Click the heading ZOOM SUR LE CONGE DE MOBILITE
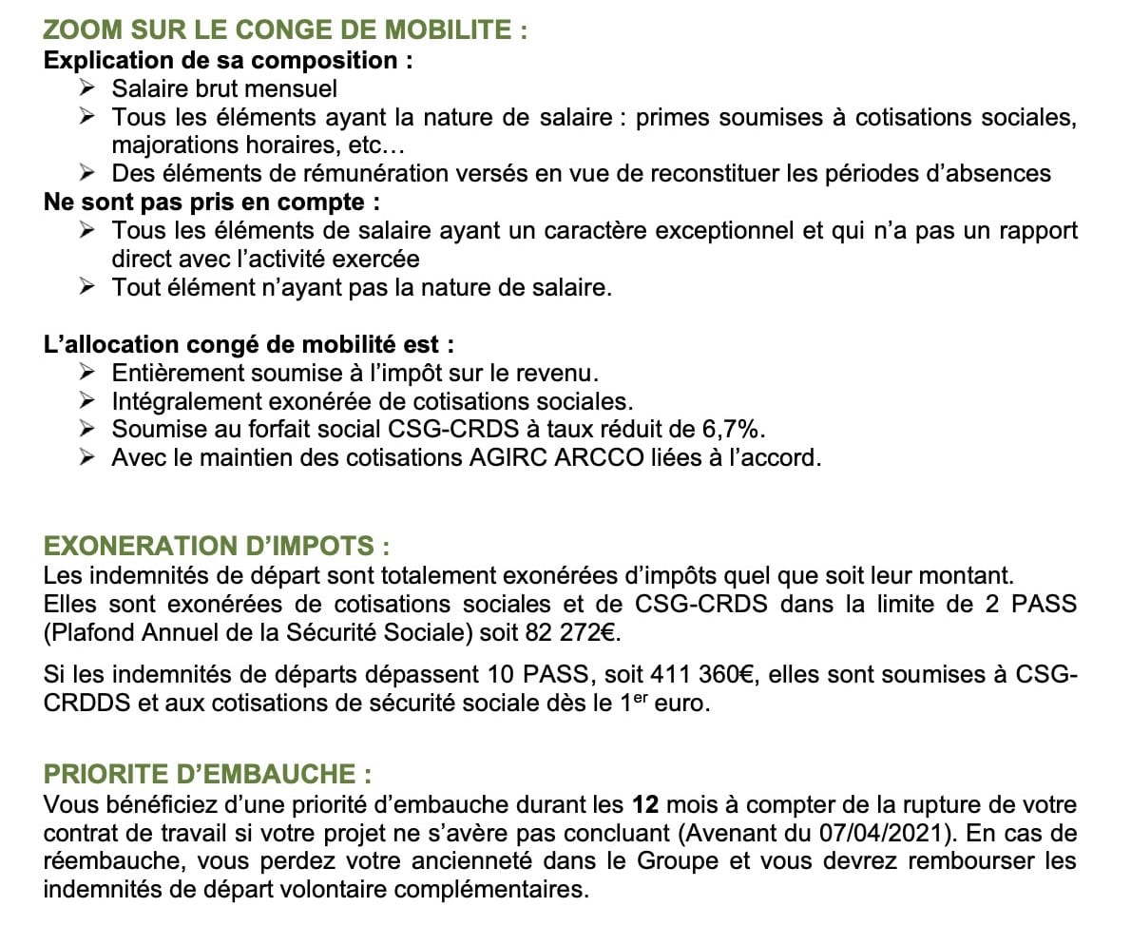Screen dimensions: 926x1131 (x=285, y=30)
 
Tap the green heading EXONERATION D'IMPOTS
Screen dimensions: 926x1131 (x=217, y=547)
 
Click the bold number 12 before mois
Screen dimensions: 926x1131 (x=646, y=805)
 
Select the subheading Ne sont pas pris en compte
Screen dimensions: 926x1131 (x=204, y=203)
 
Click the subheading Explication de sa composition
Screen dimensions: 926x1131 (x=228, y=60)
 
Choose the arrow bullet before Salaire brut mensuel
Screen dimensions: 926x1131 (x=87, y=88)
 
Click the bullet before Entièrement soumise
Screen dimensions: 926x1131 (x=87, y=372)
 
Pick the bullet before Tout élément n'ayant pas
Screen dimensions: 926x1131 (x=87, y=287)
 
